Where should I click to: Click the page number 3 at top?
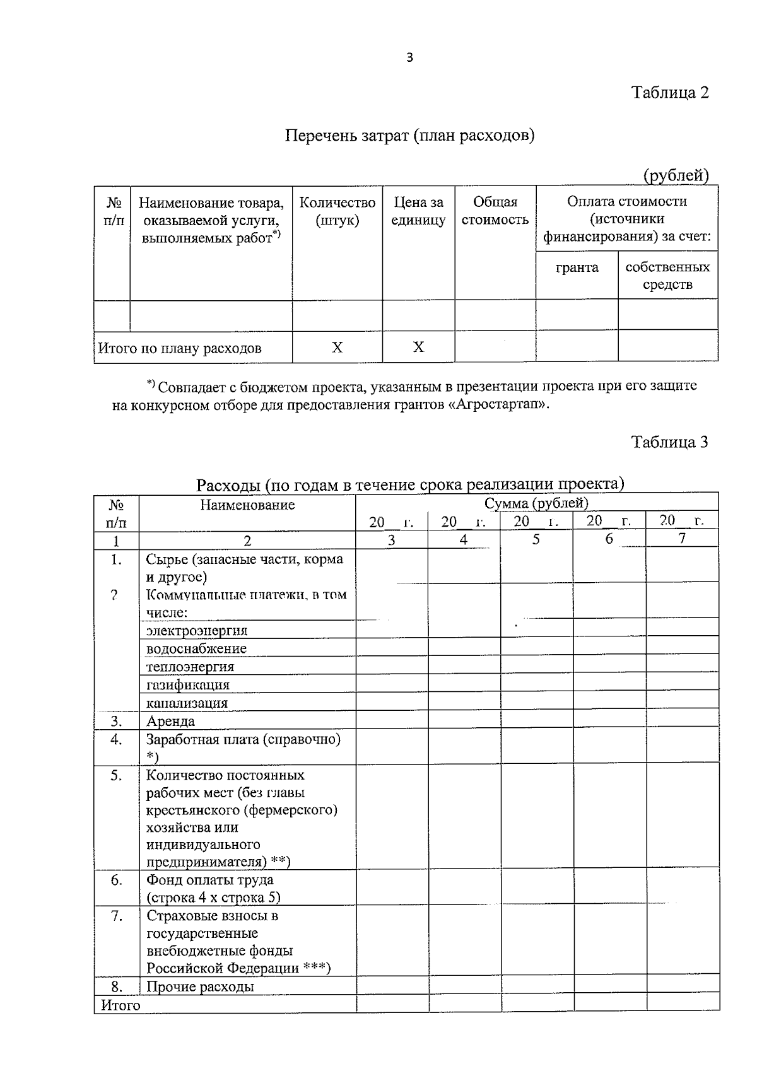(410, 58)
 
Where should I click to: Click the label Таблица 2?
(670, 93)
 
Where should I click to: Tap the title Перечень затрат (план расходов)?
(410, 136)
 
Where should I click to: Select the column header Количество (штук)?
(337, 211)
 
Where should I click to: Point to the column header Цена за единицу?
(418, 211)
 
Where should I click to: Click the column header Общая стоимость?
(495, 211)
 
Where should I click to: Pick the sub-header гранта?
(577, 267)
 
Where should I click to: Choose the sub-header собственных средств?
(667, 276)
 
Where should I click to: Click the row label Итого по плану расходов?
(180, 348)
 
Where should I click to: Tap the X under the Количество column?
(337, 348)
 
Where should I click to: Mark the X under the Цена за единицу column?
(418, 348)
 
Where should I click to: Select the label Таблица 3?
(670, 442)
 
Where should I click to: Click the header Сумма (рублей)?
(536, 503)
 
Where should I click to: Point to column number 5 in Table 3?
(536, 539)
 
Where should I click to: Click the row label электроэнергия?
(197, 631)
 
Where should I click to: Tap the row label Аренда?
(170, 721)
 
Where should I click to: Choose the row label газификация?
(188, 685)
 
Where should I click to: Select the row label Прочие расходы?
(200, 986)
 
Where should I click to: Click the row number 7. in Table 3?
(116, 915)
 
